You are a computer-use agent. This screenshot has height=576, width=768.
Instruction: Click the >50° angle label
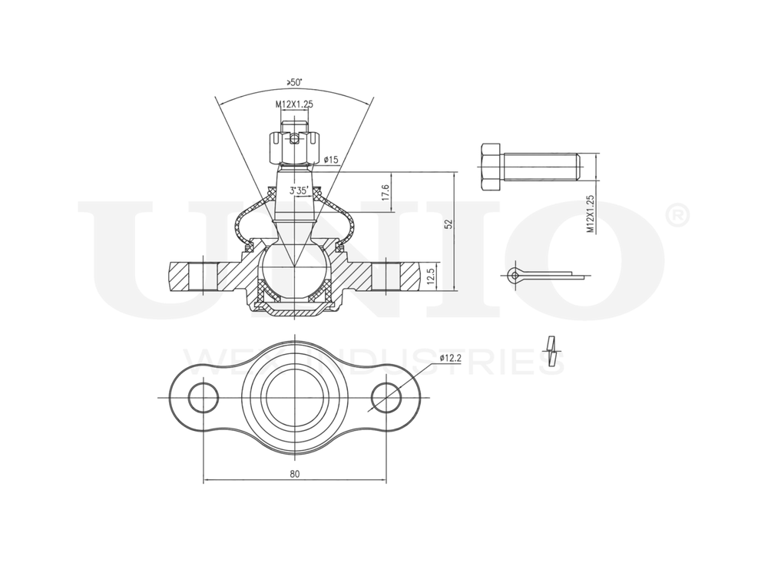point(293,82)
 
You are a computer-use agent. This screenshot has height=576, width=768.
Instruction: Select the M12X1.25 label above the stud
point(294,104)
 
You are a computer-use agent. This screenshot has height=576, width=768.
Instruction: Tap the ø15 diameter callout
point(331,160)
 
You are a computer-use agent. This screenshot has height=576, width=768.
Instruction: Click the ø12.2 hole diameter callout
point(450,358)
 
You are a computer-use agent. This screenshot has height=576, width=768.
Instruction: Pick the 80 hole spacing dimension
point(295,474)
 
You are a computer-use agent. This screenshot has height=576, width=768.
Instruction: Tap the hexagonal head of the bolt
point(490,167)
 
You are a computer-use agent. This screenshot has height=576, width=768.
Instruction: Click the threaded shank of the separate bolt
point(539,167)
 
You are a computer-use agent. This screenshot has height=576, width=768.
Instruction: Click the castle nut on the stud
point(294,147)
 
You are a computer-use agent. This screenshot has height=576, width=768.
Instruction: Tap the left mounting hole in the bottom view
point(204,397)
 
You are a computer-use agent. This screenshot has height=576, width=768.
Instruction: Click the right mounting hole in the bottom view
point(386,397)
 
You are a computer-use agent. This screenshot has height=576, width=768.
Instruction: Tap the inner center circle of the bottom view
point(295,397)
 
